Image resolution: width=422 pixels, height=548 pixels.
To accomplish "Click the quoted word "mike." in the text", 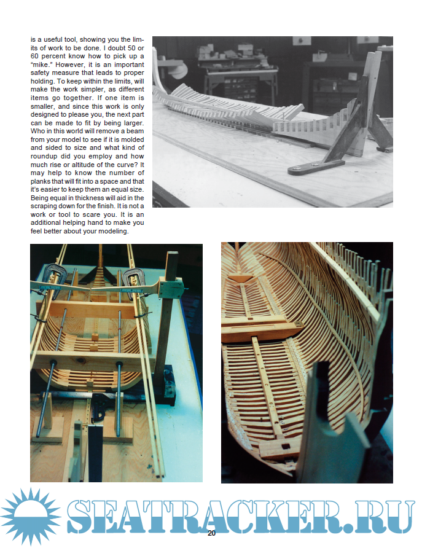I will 42,63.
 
